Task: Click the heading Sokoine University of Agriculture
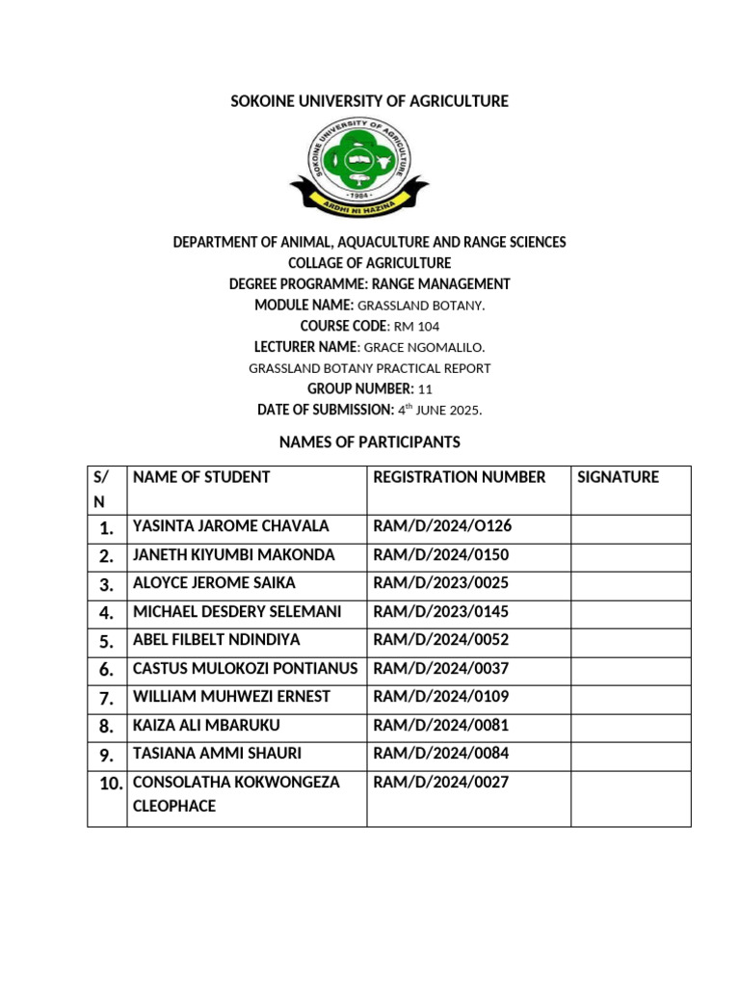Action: point(369,101)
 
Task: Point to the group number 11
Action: point(426,388)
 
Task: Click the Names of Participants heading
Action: point(369,442)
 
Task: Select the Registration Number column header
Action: point(460,477)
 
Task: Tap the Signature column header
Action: point(618,477)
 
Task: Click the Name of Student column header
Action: point(201,477)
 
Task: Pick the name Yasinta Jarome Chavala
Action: point(231,526)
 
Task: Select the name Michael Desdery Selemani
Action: point(237,612)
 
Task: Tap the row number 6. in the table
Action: point(106,670)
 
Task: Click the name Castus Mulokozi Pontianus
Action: point(245,669)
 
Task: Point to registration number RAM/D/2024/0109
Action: point(440,697)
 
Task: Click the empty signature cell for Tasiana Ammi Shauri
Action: point(630,754)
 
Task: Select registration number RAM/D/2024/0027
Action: point(440,783)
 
